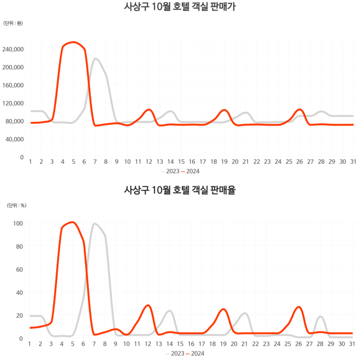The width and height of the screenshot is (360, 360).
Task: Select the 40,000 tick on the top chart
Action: click(x=15, y=139)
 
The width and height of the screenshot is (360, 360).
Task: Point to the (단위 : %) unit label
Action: click(x=16, y=205)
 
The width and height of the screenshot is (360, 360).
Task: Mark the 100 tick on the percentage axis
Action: click(x=18, y=223)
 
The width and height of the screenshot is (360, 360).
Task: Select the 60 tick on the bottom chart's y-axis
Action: click(x=20, y=269)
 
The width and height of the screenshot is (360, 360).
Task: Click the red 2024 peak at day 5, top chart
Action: click(x=73, y=42)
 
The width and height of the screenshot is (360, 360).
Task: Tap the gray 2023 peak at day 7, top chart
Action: click(x=95, y=59)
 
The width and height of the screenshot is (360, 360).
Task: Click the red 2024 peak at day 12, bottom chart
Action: click(x=148, y=305)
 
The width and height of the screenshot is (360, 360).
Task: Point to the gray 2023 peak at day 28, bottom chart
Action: click(x=320, y=317)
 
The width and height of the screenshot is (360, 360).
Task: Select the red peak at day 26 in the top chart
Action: click(x=300, y=110)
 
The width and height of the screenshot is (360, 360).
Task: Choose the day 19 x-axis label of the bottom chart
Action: click(x=223, y=344)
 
